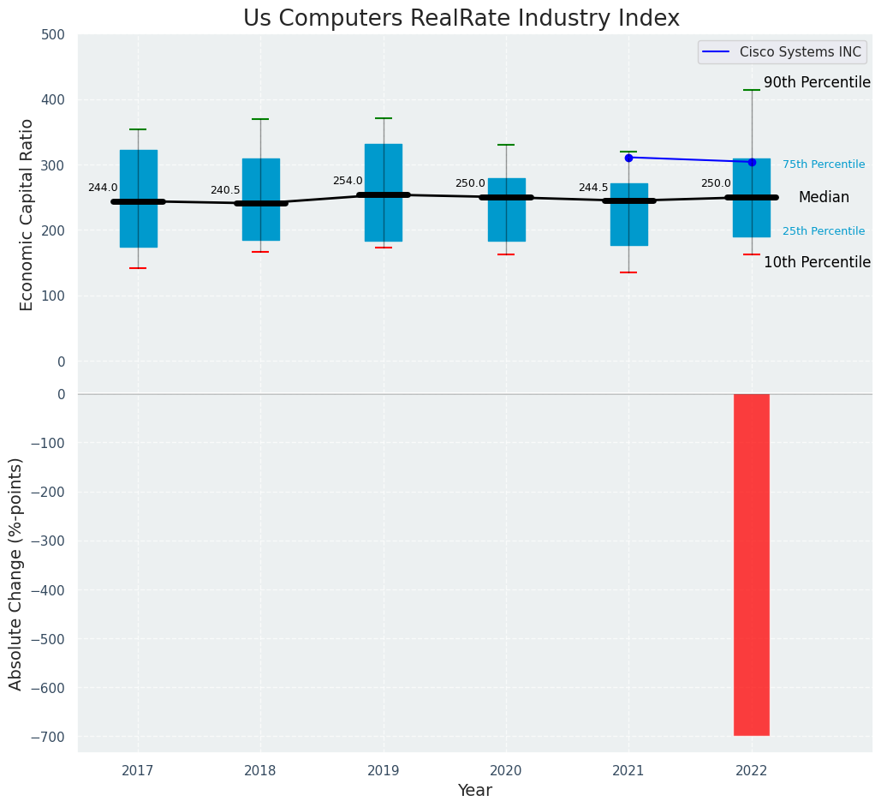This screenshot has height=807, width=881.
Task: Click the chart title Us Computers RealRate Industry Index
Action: (x=461, y=19)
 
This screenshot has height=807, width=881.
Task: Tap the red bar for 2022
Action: (x=751, y=564)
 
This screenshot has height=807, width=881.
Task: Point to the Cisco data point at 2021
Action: (x=628, y=158)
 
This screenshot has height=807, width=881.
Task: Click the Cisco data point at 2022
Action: (x=752, y=162)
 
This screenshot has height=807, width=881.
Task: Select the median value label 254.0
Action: (x=348, y=181)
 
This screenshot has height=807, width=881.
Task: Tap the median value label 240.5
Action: (x=225, y=190)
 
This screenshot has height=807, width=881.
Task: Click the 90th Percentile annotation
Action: (x=817, y=83)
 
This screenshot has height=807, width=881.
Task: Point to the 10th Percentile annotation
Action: (x=817, y=263)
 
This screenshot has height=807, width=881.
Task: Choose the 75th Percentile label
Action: (x=823, y=164)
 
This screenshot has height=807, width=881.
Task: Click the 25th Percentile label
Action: (x=823, y=231)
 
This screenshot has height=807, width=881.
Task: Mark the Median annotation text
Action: (x=824, y=198)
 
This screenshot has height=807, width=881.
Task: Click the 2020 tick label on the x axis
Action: (x=505, y=771)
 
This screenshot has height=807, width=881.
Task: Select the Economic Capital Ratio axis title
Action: (x=27, y=214)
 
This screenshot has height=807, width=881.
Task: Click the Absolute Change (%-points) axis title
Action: (x=16, y=573)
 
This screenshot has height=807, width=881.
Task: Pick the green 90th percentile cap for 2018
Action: (x=260, y=119)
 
